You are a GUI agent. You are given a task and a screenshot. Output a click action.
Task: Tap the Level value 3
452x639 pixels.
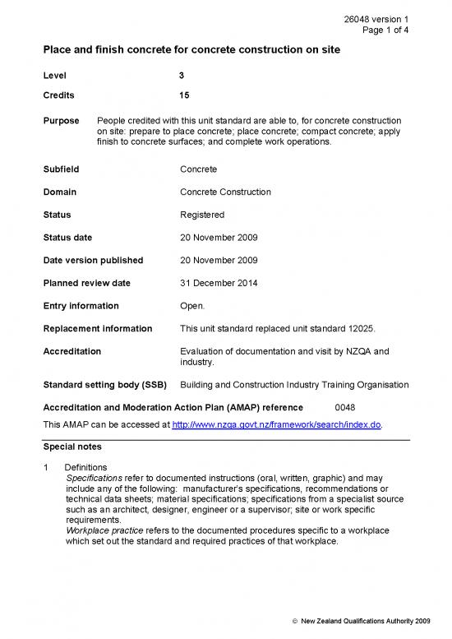pos(182,76)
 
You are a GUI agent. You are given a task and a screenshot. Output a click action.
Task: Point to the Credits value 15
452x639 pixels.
pos(184,95)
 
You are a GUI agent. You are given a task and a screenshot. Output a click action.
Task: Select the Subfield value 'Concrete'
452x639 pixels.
pos(198,169)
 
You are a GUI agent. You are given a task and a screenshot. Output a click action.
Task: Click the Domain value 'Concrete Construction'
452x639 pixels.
pos(224,192)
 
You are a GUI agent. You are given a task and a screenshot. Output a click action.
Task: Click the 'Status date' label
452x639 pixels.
pos(67,238)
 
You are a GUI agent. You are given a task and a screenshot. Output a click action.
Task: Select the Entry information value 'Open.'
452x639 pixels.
pos(193,306)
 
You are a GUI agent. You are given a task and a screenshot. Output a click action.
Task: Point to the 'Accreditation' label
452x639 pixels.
pos(71,351)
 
